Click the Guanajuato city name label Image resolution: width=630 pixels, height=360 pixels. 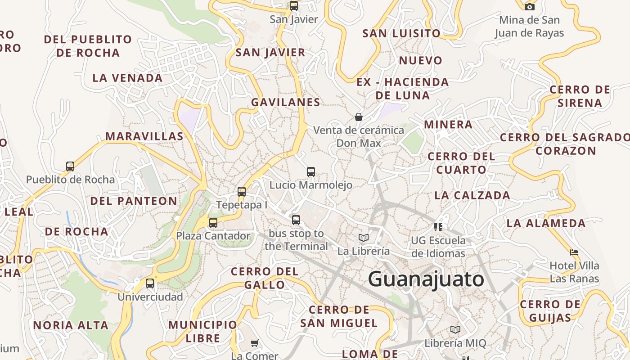426,279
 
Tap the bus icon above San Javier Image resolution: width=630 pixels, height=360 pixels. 294,6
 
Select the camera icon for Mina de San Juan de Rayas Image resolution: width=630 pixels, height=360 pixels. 530,6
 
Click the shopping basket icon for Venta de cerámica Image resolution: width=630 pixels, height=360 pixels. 359,117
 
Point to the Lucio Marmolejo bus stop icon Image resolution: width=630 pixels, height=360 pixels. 311,171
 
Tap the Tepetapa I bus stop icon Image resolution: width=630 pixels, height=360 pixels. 242,192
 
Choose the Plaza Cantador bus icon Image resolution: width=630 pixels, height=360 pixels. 213,222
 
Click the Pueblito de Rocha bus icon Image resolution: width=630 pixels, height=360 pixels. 70,166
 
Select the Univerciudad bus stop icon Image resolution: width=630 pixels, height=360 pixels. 150,283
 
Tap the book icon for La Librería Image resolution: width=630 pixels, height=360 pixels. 364,238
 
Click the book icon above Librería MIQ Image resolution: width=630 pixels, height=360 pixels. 455,330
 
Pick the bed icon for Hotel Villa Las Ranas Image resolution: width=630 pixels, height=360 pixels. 574,252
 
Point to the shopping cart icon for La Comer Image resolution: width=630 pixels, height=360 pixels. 254,343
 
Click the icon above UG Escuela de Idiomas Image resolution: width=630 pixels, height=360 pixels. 438,227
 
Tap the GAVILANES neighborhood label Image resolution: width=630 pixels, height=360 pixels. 286,102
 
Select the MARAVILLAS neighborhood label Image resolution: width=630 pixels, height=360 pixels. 144,136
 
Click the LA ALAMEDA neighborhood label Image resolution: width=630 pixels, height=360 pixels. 546,223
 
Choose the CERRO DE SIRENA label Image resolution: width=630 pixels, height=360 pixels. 580,96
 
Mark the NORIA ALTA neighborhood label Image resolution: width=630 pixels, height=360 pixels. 71,325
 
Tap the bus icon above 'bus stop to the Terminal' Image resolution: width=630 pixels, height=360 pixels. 296,220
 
